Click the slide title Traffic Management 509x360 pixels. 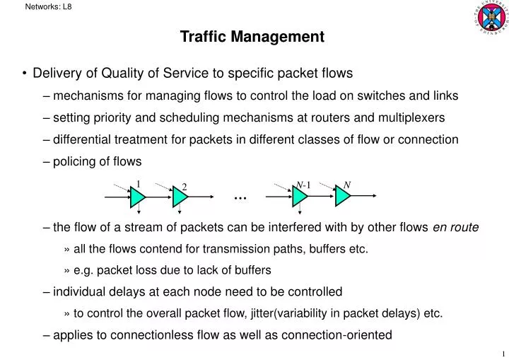point(252,37)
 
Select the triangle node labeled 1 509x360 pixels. point(136,199)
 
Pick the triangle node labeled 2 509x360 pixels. point(180,199)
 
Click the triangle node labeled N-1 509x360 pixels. point(300,199)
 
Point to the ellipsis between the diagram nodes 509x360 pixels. point(239,197)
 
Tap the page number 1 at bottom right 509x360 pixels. point(502,354)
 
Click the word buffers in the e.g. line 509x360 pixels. point(252,270)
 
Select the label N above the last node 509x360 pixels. point(347,185)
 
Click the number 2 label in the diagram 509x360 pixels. point(185,187)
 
